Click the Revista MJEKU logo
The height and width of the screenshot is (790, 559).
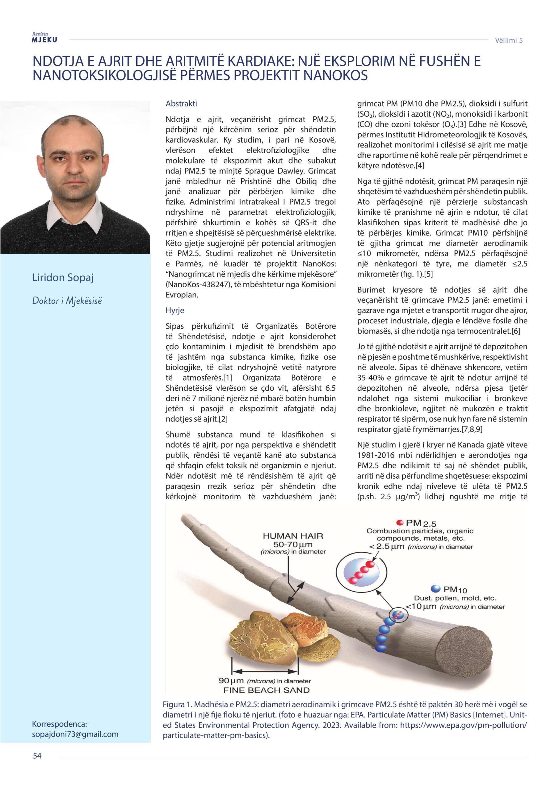(x=44, y=38)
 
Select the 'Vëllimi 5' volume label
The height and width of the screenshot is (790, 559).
(x=508, y=40)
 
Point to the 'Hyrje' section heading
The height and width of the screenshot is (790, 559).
(x=175, y=310)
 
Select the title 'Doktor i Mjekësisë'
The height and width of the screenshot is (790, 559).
(x=67, y=301)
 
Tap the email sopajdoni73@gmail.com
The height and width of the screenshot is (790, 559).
(x=75, y=734)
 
